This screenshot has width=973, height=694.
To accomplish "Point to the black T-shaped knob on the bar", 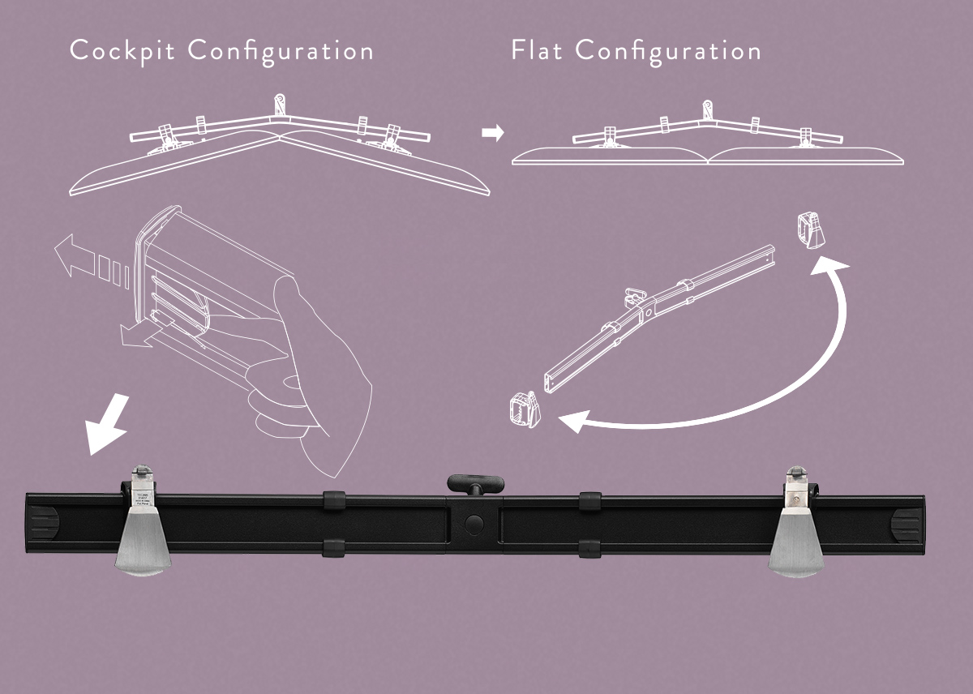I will tap(474, 484).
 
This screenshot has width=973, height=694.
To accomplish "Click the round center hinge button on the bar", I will tap(474, 524).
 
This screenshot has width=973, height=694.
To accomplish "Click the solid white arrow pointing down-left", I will tap(108, 423).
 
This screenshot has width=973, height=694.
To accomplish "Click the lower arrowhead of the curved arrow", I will tap(573, 421).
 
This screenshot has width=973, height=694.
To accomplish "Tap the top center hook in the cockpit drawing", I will tap(280, 105).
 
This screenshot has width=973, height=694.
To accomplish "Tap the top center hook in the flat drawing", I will tap(708, 109).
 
